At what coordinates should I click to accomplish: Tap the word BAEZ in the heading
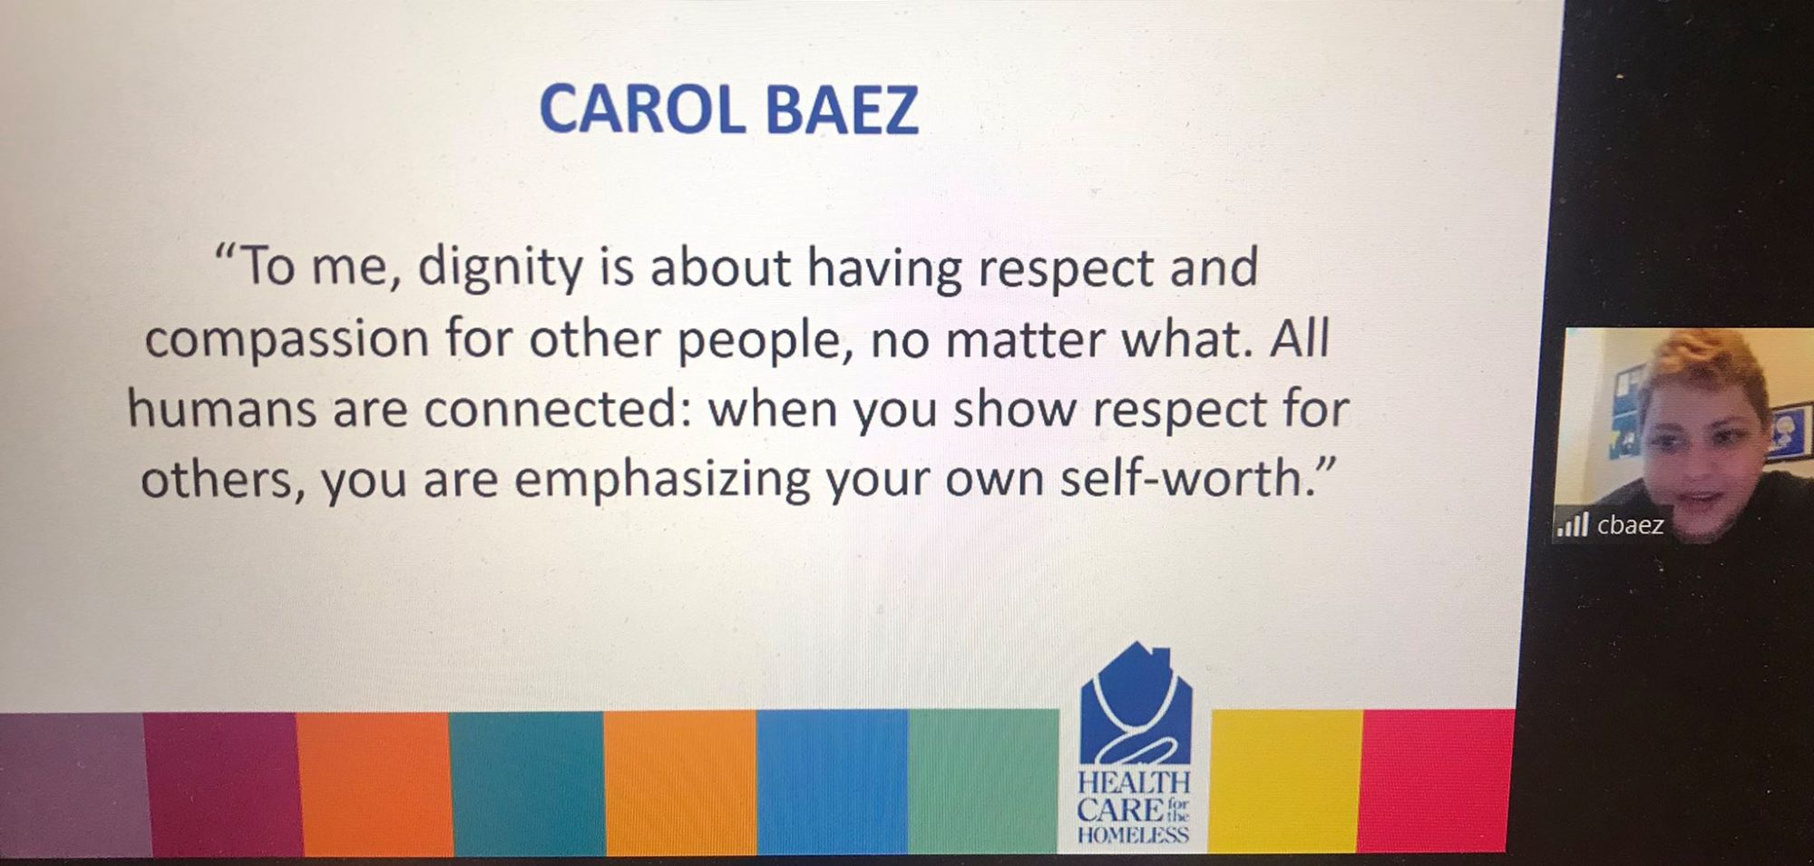coord(843,110)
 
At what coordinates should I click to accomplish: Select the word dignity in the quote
coord(500,270)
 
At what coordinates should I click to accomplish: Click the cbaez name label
coord(1630,525)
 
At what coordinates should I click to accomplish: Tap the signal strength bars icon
coord(1573,524)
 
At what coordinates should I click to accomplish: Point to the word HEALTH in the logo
coord(1134,782)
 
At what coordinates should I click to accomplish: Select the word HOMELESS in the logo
coord(1133,834)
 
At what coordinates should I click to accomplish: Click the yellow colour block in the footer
coord(1285,781)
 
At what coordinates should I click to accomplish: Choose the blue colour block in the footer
coord(832,783)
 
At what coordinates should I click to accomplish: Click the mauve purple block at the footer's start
coord(74,784)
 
